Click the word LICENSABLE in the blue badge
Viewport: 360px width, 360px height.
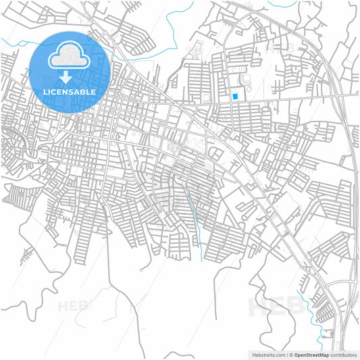(70, 91)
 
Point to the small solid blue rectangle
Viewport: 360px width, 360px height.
(234, 97)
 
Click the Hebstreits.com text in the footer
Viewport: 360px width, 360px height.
(267, 354)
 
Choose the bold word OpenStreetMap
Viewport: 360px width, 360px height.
(311, 354)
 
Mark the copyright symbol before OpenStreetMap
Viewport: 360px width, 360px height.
(292, 354)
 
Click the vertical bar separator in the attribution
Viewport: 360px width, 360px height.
(287, 354)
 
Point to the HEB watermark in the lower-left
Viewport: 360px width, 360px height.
(74, 305)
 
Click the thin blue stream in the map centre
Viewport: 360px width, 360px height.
(195, 216)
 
